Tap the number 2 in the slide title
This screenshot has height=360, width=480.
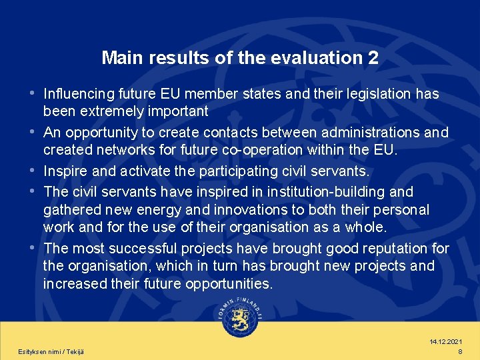(x=373, y=58)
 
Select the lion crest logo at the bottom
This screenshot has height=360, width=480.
(x=240, y=323)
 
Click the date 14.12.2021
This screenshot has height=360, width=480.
(x=446, y=341)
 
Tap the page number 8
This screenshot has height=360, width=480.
(x=460, y=351)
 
